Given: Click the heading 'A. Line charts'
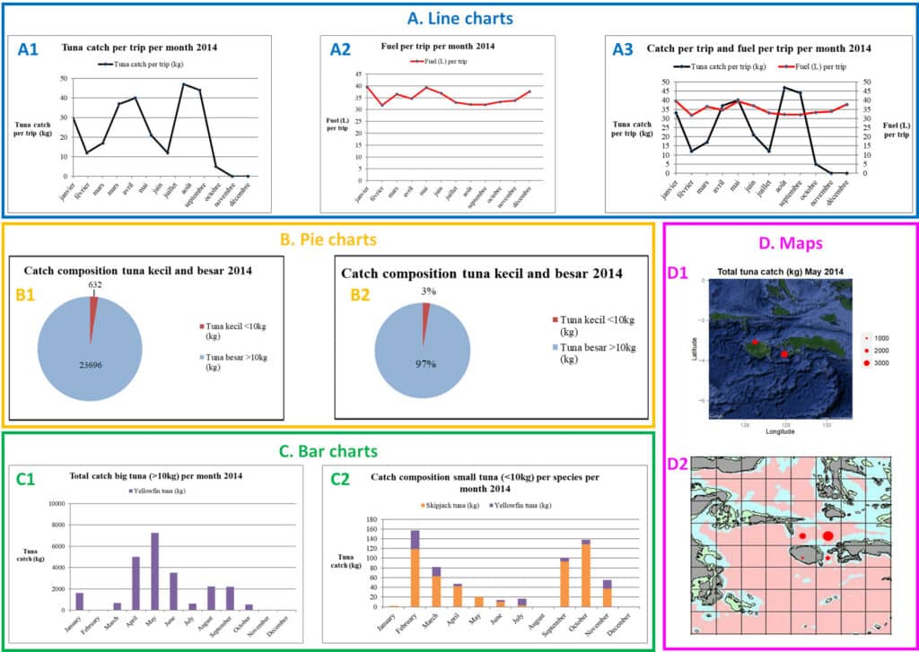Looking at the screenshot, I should tap(459, 17).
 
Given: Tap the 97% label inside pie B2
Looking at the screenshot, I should tap(425, 364).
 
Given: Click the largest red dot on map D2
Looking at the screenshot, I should tap(827, 535).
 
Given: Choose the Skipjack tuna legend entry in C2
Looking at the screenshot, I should tap(451, 506).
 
